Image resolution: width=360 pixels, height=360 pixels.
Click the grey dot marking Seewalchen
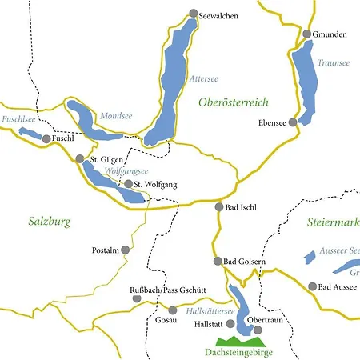(192, 14)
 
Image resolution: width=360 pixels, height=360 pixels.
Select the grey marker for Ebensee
(294, 122)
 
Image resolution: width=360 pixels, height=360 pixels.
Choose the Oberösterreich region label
(232, 102)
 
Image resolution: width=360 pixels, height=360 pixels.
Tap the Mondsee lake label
(112, 116)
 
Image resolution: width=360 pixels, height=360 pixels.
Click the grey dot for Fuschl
(46, 139)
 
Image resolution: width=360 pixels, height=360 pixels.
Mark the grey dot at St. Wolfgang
(128, 184)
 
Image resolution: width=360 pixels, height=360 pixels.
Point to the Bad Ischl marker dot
(219, 206)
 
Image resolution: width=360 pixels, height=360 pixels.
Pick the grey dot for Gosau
(172, 310)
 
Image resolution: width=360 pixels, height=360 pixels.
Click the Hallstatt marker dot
(231, 324)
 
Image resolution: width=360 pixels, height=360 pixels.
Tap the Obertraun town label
(266, 320)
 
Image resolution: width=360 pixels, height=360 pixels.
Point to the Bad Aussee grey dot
(312, 286)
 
